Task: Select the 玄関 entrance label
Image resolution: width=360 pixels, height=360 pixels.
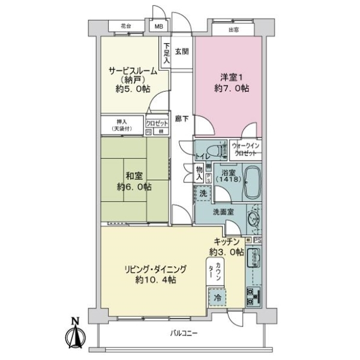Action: point(182,51)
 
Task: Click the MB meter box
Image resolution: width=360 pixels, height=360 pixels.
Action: point(159,27)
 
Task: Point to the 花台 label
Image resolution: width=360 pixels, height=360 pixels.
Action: point(125,27)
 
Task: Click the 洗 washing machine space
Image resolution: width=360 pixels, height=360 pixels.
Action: point(203,193)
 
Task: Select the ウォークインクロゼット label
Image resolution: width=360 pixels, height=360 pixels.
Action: point(247,148)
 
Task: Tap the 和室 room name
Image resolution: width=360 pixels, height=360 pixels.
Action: point(134,176)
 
